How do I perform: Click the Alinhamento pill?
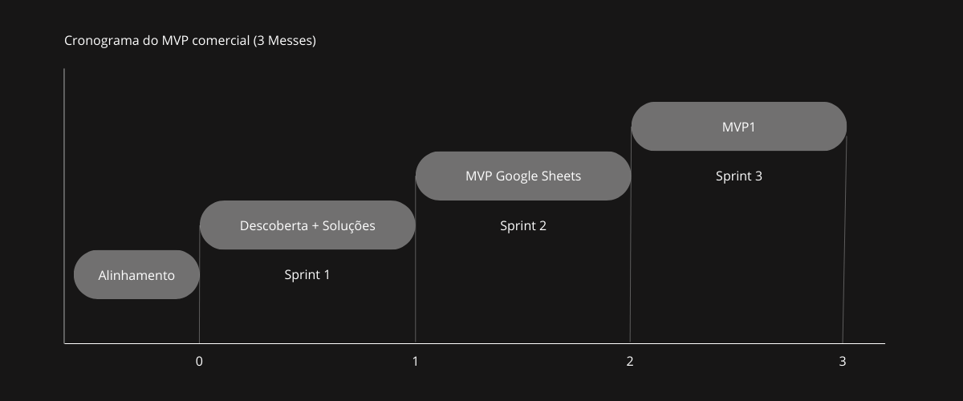click(x=136, y=275)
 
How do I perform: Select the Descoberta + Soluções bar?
click(x=307, y=225)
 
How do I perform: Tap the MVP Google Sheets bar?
click(x=523, y=176)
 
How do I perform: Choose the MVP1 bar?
click(x=739, y=127)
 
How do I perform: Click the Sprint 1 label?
click(x=307, y=274)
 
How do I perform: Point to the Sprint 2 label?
click(x=523, y=225)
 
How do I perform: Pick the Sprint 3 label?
click(x=739, y=176)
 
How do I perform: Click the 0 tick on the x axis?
click(x=199, y=361)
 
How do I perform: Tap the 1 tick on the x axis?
click(x=415, y=361)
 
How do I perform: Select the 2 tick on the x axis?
click(x=630, y=361)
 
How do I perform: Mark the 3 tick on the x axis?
click(x=843, y=361)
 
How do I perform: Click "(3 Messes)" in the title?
click(x=284, y=40)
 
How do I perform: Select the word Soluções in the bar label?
click(x=348, y=225)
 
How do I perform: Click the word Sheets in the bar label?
click(x=562, y=176)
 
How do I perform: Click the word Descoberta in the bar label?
click(x=271, y=225)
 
